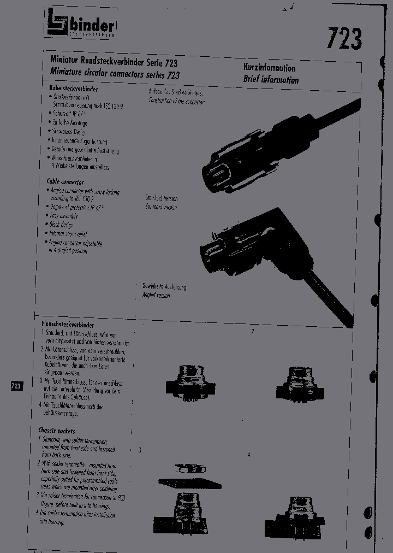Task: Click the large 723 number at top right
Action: click(x=344, y=38)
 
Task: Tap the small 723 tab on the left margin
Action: click(x=16, y=386)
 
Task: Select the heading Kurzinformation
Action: click(x=269, y=68)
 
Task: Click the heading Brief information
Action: click(x=271, y=80)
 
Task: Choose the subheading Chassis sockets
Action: click(x=57, y=431)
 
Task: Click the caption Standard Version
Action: click(x=161, y=198)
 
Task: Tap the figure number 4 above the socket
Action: click(x=249, y=455)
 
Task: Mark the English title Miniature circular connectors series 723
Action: click(x=115, y=74)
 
